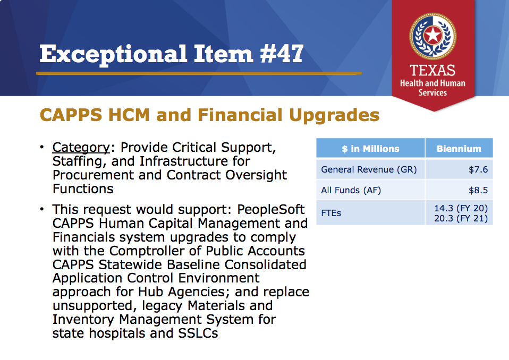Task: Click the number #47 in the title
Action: pos(282,54)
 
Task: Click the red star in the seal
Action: pos(432,35)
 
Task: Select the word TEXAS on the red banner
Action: pos(432,71)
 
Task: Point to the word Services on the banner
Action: pos(432,93)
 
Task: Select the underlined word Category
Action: pos(81,148)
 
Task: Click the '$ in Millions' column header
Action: pos(370,149)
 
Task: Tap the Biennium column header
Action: pos(459,149)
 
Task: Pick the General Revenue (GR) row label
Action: pos(369,169)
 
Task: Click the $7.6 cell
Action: pos(478,169)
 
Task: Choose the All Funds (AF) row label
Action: pos(351,191)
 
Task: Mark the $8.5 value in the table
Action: pos(478,191)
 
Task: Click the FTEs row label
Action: pos(331,213)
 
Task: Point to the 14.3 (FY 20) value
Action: pos(461,208)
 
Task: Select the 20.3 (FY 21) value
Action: pos(461,219)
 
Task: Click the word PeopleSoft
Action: pos(271,210)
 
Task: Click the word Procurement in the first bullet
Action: pos(93,175)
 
